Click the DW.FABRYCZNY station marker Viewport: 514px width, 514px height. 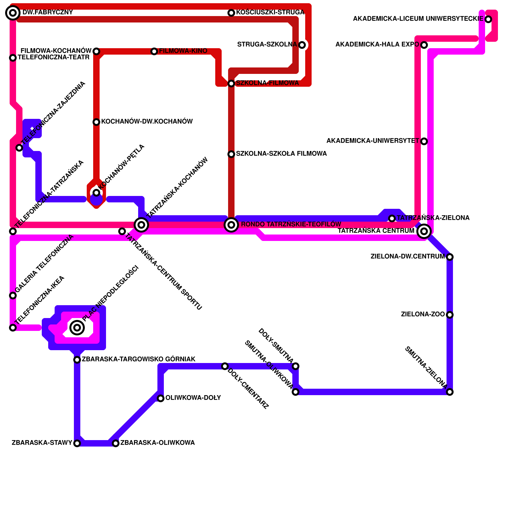[x=13, y=13]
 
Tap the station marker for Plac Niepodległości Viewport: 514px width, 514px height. [x=77, y=328]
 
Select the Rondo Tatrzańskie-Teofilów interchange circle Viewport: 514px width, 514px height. [x=231, y=225]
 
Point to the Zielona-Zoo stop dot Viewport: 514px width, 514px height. [x=450, y=315]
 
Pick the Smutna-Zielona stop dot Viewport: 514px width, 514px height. [x=450, y=392]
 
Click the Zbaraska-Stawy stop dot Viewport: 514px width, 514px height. [x=77, y=443]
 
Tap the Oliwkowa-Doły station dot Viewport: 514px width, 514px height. [x=161, y=398]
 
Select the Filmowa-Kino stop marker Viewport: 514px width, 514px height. [x=154, y=51]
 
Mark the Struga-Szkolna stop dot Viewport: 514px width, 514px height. [x=302, y=45]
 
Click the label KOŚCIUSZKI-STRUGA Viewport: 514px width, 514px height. [x=270, y=13]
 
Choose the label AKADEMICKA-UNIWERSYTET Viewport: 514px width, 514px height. [x=373, y=141]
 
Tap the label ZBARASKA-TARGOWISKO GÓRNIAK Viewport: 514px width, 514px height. [x=138, y=359]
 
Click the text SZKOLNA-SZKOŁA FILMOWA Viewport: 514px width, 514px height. [x=281, y=154]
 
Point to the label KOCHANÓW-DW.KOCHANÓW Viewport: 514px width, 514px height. [x=147, y=122]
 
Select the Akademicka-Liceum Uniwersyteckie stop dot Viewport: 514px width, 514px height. [x=488, y=19]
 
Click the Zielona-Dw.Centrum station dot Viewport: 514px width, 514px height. [x=450, y=257]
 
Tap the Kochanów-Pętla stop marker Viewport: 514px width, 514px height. [x=96, y=193]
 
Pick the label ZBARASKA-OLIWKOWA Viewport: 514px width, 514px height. [x=157, y=443]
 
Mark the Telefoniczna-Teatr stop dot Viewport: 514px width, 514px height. [x=13, y=58]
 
